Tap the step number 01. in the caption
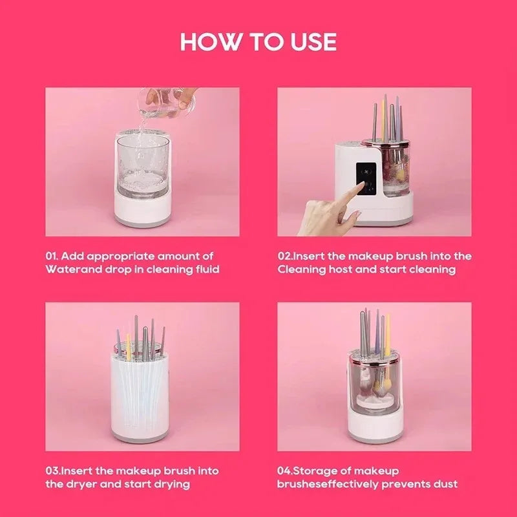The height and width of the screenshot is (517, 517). click(54, 257)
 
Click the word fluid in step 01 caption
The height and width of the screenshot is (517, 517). click(204, 269)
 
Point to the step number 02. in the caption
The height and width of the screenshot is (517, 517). click(287, 257)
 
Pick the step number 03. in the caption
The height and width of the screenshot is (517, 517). click(54, 471)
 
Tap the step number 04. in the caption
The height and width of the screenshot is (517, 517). click(288, 471)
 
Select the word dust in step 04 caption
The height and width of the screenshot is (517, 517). click(446, 483)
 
